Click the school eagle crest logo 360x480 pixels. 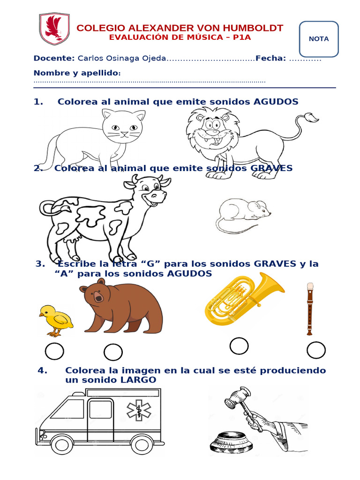pyautogui.click(x=54, y=29)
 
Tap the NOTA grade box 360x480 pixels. pyautogui.click(x=319, y=39)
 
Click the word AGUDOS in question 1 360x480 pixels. pyautogui.click(x=276, y=102)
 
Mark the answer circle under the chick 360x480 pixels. pyautogui.click(x=54, y=351)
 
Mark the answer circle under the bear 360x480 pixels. pyautogui.click(x=113, y=352)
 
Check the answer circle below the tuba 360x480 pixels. pyautogui.click(x=239, y=346)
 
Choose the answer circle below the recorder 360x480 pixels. pyautogui.click(x=316, y=350)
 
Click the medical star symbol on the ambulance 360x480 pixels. pyautogui.click(x=139, y=410)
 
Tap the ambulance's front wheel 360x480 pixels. pyautogui.click(x=62, y=443)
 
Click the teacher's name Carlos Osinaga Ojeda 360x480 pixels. pyautogui.click(x=121, y=58)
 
